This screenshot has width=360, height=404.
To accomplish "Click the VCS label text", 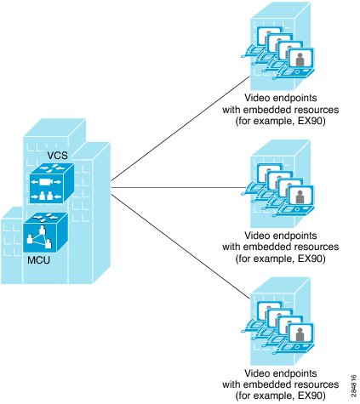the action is (57, 156).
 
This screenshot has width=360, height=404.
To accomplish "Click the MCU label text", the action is (38, 260).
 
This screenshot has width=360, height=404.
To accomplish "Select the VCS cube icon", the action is (52, 183).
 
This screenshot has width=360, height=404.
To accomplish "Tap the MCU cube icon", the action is (45, 232).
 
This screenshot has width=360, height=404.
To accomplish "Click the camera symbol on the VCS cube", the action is (46, 182).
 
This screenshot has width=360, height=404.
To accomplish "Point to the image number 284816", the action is (353, 385).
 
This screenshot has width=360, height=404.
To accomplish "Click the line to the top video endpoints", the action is (180, 128).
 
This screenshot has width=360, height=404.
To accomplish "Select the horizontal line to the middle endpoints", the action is (178, 187).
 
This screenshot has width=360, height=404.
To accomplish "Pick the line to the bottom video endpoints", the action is (180, 247).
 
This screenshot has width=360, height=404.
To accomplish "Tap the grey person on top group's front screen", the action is (300, 60).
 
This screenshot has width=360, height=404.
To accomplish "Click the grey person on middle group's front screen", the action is (300, 196).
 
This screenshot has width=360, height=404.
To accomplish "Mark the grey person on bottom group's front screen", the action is (300, 334).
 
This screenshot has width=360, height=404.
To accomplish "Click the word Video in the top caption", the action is (257, 98).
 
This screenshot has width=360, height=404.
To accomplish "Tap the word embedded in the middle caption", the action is (265, 247).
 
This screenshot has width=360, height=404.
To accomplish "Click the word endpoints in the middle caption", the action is (294, 236).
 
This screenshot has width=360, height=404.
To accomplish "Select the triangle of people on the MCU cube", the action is (39, 238).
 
